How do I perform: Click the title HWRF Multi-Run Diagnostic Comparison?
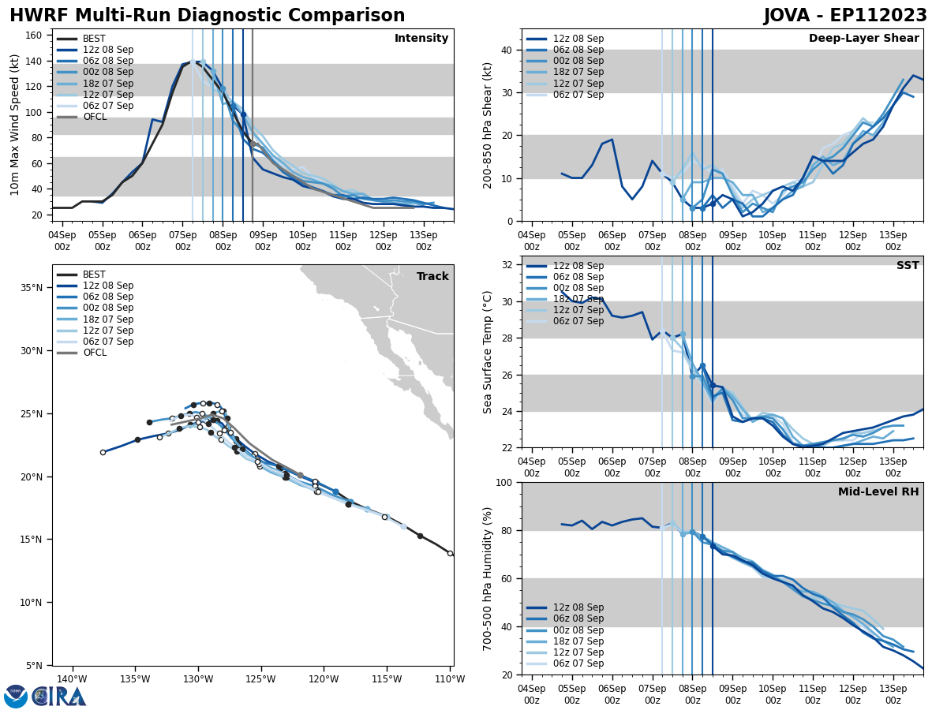pos(207,16)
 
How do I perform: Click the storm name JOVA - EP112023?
pos(845,16)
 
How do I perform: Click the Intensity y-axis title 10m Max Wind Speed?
pos(15,125)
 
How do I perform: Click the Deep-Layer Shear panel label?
pos(863,39)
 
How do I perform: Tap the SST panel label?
pos(907,266)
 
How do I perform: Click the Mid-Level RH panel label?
pos(878,492)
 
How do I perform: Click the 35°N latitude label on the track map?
pos(32,288)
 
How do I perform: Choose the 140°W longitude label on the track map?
pos(72,678)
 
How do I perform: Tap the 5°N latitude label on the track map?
pos(35,666)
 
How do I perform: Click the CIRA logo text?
pos(59,697)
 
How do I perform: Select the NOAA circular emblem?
pos(16,696)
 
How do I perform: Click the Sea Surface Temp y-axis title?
pos(488,352)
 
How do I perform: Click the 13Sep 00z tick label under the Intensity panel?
pos(424,241)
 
